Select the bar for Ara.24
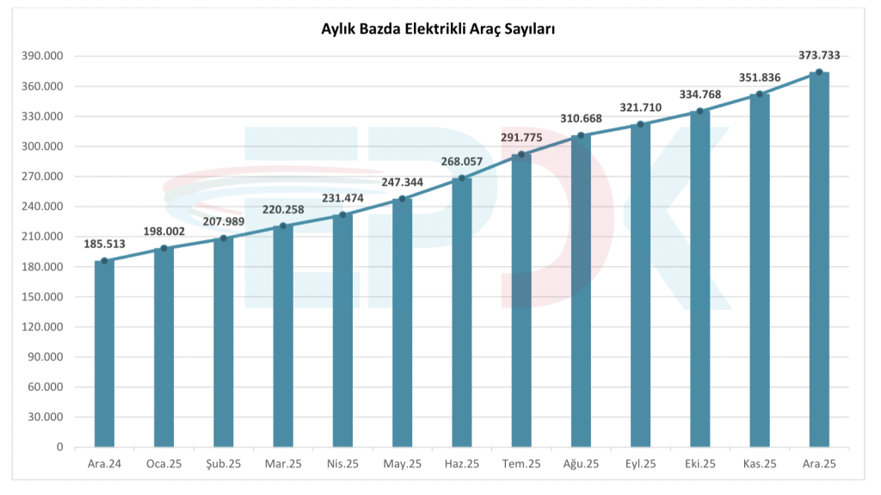[104, 353]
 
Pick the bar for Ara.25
[819, 258]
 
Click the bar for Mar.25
[283, 336]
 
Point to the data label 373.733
[819, 55]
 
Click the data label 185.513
[104, 244]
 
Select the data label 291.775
[521, 138]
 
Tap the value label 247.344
[403, 183]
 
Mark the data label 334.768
[700, 95]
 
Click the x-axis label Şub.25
[223, 464]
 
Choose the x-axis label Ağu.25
[581, 464]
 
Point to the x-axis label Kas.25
[760, 464]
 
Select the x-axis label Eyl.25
[640, 464]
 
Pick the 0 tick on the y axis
[60, 448]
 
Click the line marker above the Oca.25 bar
[163, 249]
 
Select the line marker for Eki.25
[700, 111]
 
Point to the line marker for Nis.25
[342, 215]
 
